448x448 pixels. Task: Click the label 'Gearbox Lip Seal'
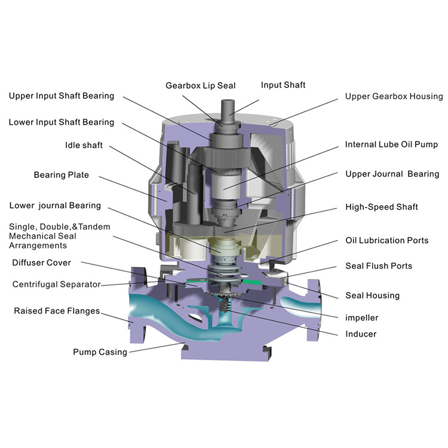201,85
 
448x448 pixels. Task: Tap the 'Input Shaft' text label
283,85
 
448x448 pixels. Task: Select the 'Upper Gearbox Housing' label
394,96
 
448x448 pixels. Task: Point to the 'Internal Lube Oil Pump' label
391,145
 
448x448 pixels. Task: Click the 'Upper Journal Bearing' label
392,174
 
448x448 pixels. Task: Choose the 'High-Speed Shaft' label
382,207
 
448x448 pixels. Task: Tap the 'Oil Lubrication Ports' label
387,240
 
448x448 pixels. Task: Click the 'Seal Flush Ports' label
379,266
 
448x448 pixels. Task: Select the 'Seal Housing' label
372,296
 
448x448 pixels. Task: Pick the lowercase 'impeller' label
362,317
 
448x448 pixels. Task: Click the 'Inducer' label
361,334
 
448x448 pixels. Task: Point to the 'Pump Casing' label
100,352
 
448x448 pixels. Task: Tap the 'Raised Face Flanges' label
57,311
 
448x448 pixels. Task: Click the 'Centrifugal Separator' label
56,284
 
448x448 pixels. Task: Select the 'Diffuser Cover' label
41,263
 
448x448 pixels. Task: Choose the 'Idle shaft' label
84,145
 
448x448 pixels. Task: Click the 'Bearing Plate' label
61,175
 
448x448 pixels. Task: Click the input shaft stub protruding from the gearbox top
228,110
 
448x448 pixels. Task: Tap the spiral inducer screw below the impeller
226,305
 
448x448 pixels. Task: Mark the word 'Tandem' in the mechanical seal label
94,226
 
